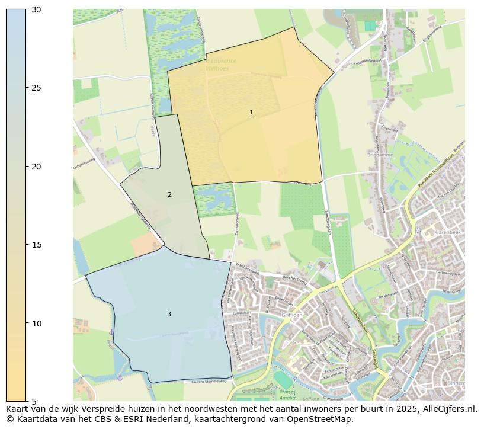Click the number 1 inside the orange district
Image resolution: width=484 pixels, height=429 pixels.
(251, 112)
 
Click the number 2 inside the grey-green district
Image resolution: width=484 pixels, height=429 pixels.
(169, 194)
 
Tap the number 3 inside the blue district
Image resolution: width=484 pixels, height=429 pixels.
(169, 314)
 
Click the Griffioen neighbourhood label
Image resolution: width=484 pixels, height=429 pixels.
(292, 315)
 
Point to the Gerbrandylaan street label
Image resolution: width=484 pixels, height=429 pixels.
(448, 273)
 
